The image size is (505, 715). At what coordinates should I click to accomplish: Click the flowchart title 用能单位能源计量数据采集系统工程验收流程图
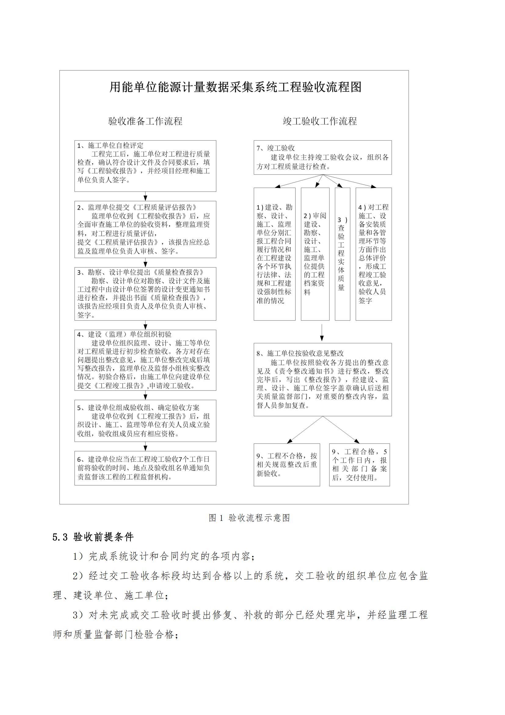coord(235,87)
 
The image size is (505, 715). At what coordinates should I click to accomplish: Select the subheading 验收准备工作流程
coord(145,121)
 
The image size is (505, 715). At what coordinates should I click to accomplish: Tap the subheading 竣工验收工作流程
coord(320,121)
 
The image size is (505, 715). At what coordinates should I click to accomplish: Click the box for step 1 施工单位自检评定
coord(145,166)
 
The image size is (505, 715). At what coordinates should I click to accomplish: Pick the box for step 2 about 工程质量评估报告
coord(145,230)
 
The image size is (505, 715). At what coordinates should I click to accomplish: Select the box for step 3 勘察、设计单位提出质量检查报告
coord(145,294)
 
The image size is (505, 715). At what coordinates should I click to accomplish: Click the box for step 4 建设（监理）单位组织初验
coord(145,360)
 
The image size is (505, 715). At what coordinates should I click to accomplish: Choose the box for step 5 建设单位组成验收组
coord(145,421)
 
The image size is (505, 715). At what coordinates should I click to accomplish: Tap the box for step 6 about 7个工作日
coord(145,468)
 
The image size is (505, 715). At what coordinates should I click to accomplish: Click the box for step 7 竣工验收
coord(322,157)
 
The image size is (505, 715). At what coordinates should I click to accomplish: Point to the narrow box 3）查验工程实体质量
coord(342,254)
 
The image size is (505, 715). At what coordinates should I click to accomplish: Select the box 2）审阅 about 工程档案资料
coord(315,254)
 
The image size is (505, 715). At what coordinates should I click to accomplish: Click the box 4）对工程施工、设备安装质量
coord(373,254)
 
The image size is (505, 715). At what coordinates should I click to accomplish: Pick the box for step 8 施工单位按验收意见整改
coord(322,380)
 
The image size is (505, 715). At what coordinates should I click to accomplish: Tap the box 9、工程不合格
coord(287,465)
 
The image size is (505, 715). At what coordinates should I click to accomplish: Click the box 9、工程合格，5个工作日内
coord(359,465)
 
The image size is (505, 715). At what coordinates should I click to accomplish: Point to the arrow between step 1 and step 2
coord(145,197)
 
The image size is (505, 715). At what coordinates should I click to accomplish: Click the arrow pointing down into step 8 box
coord(322,333)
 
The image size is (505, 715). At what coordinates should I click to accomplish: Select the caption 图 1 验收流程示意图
coord(249,518)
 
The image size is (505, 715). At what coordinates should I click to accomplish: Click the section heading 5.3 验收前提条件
coord(93,537)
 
